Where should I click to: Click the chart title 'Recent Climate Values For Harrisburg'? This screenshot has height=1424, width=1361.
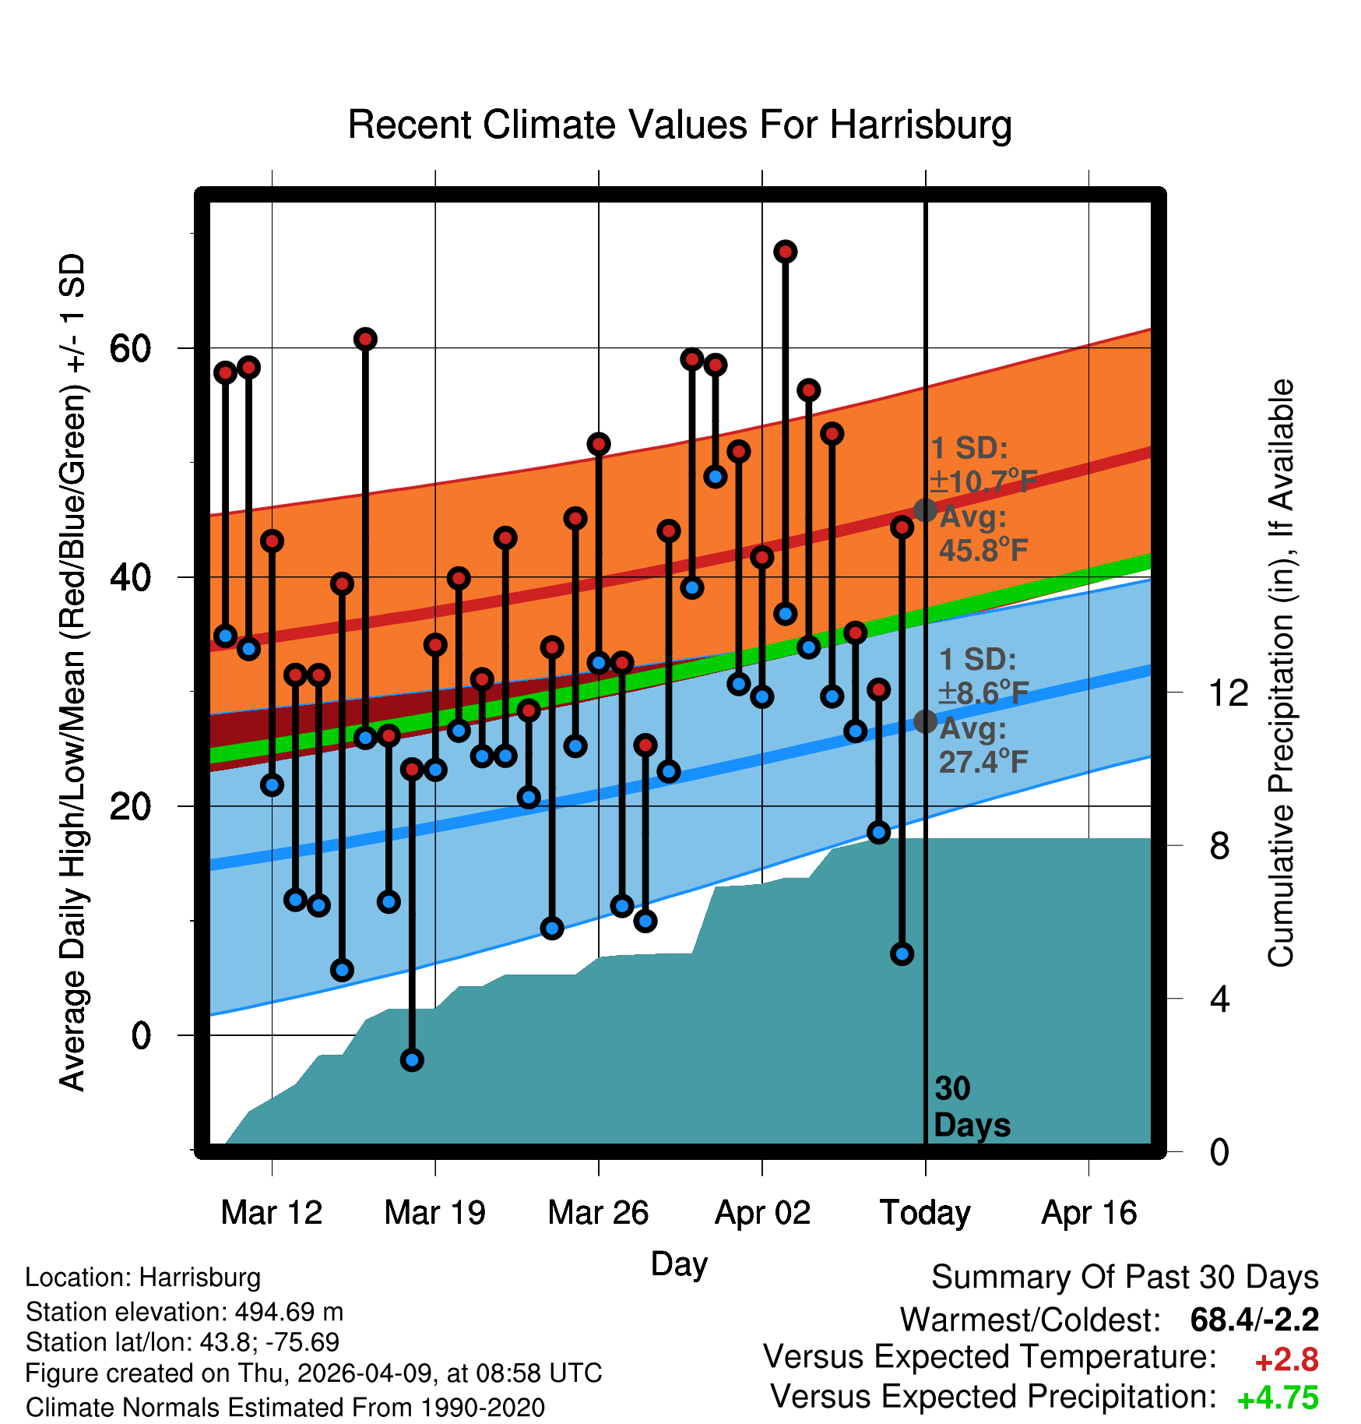pos(680,125)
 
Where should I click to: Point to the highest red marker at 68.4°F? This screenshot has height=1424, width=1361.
pos(785,252)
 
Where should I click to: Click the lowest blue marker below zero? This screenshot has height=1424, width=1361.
pos(412,1059)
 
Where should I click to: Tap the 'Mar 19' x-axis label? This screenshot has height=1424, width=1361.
pos(434,1213)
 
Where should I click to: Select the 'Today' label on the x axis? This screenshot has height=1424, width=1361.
pos(925,1213)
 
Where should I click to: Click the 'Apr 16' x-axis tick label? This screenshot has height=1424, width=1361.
pos(1089,1213)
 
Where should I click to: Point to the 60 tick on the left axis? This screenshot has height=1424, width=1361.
pos(130,347)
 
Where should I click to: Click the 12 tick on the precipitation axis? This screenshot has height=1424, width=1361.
pos(1228,693)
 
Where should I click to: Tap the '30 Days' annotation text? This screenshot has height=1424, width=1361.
pos(972,1107)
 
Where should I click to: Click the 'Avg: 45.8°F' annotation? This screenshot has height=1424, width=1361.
pos(983,534)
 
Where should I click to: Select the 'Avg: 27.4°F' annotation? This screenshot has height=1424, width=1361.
pos(983,745)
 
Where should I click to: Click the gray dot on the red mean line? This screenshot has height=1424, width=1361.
pos(925,510)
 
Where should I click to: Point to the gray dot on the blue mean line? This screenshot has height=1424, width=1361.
pos(925,721)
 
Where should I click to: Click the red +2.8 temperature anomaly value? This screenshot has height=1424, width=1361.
pos(1286,1360)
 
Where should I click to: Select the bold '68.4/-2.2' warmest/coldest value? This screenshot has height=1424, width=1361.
pos(1254,1320)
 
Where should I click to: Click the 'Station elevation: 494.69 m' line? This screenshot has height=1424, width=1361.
pos(185,1312)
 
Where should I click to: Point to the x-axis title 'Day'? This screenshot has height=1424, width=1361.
pos(679,1264)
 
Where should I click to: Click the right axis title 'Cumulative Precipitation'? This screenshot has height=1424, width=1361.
pos(1280,673)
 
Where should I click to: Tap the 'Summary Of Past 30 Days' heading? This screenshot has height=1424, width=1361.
pos(1125,1278)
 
